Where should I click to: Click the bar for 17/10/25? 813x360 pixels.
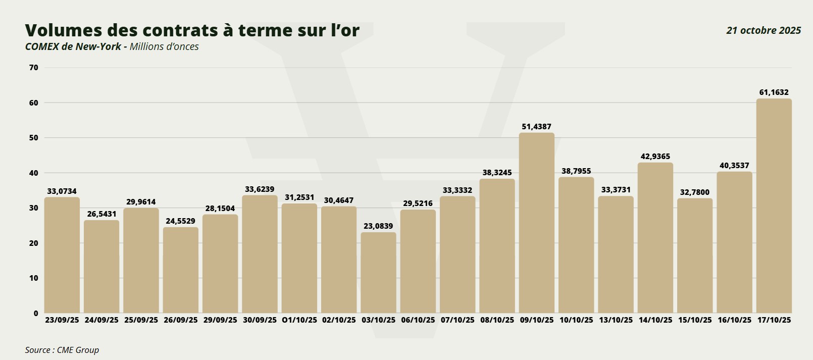point(774,206)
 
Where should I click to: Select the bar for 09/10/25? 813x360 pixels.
point(536,223)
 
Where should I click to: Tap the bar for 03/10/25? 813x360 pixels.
point(378,273)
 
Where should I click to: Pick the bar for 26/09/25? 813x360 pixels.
point(181,270)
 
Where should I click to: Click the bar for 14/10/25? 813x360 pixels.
point(655,238)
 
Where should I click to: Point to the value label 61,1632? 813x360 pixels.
point(774,92)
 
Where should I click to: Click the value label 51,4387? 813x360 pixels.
point(536,127)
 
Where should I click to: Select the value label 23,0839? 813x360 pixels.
point(378,226)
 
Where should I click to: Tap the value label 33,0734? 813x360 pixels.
point(62,191)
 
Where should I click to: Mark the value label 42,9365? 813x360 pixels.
point(655,157)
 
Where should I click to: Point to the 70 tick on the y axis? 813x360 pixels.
point(34,68)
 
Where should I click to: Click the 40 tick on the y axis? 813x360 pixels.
point(34,173)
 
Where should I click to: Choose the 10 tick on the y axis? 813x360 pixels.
point(34,278)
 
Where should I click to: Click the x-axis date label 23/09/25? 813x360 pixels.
point(62,320)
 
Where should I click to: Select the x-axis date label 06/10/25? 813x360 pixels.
point(418,320)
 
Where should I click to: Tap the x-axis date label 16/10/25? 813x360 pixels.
point(734,320)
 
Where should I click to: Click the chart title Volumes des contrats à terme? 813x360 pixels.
point(192,30)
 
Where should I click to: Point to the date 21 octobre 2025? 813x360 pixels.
point(764,30)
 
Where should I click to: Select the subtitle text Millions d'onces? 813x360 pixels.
point(164,46)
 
